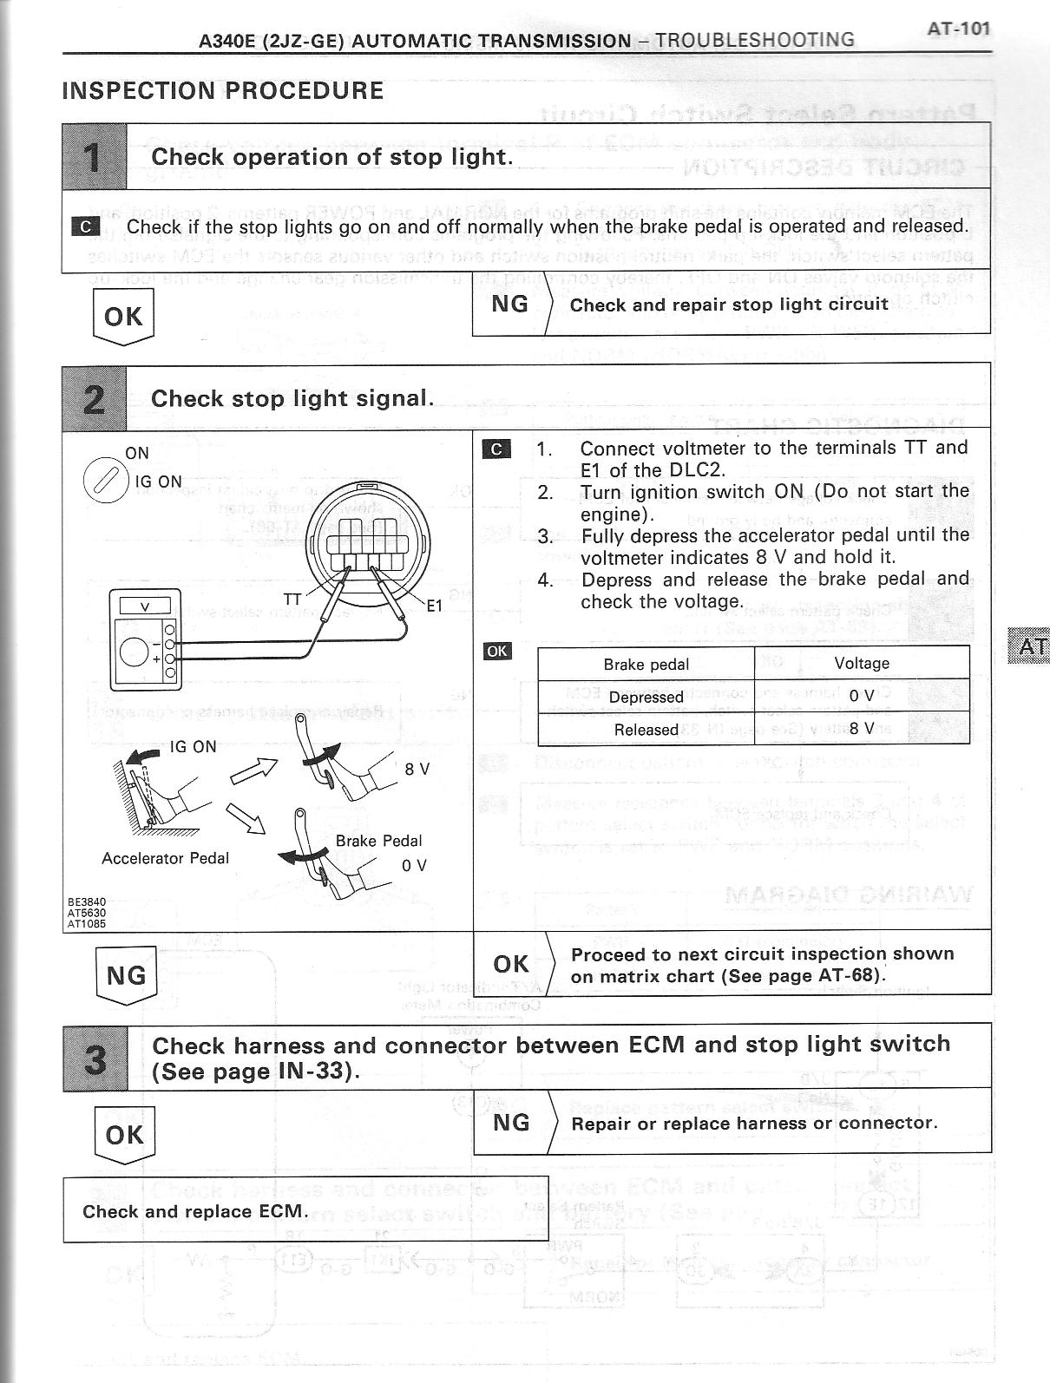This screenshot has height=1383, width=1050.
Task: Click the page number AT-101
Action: pyautogui.click(x=958, y=29)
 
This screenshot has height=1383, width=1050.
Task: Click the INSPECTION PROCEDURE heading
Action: pyautogui.click(x=223, y=91)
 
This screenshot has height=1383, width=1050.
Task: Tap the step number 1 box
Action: pyautogui.click(x=95, y=157)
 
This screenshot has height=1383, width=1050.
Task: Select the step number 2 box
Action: pyautogui.click(x=95, y=398)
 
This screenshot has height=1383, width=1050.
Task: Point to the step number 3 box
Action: pyautogui.click(x=95, y=1058)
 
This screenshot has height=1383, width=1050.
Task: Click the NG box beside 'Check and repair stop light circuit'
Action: pyautogui.click(x=509, y=304)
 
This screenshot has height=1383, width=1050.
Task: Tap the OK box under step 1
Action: pyautogui.click(x=123, y=317)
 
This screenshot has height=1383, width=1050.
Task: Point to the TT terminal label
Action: pyautogui.click(x=293, y=599)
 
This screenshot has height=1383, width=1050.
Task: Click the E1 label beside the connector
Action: pyautogui.click(x=434, y=606)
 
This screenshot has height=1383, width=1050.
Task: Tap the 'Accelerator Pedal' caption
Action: pyautogui.click(x=165, y=858)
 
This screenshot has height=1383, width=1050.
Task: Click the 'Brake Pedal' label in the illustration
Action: pyautogui.click(x=378, y=841)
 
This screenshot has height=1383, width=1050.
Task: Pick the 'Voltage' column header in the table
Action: pyautogui.click(x=862, y=664)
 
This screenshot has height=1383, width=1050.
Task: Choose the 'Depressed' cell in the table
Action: pyautogui.click(x=646, y=697)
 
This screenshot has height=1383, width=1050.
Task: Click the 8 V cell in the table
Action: pyautogui.click(x=862, y=729)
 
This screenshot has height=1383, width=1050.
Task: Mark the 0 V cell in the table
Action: pyautogui.click(x=862, y=696)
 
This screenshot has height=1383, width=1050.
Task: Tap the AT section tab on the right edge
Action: pyautogui.click(x=1030, y=646)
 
